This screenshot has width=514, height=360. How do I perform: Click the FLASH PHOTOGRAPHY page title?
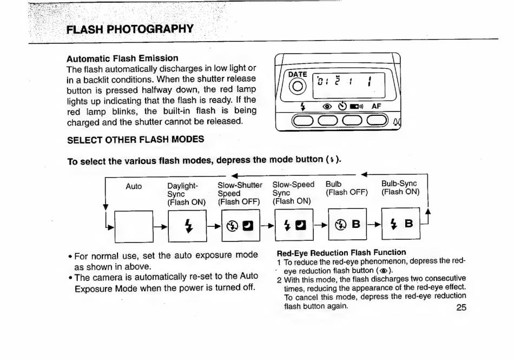point(129,29)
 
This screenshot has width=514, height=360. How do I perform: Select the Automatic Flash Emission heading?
point(122,58)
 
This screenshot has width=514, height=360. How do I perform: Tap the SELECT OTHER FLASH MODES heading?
point(135,139)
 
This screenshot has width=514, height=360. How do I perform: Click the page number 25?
point(461,307)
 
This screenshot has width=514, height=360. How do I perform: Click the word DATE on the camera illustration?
point(297,74)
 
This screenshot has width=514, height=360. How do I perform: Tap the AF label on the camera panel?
point(377,107)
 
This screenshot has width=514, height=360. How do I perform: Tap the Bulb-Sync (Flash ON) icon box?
point(401,224)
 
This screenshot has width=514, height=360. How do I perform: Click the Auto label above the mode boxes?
point(134,186)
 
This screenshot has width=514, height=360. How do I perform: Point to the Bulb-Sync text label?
point(399,184)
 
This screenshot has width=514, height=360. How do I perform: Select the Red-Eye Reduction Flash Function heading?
point(341,252)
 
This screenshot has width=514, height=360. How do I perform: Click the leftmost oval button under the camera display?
point(304,123)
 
